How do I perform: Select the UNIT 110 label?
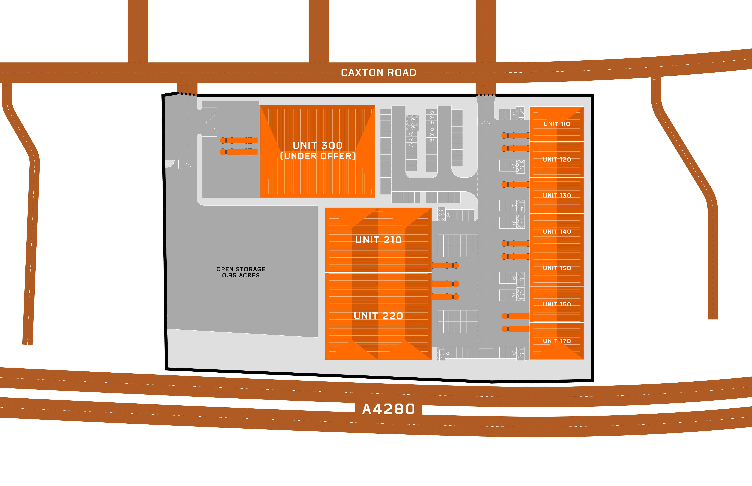click(x=557, y=124)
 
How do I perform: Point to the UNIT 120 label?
click(x=557, y=159)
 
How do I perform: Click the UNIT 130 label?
click(x=557, y=195)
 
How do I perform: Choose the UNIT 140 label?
click(x=557, y=232)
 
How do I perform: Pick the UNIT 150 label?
click(x=557, y=268)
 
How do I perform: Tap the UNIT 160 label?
click(x=557, y=304)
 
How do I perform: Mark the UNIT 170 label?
click(x=557, y=341)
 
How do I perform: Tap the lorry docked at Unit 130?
click(x=515, y=184)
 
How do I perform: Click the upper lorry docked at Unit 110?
click(x=515, y=136)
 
